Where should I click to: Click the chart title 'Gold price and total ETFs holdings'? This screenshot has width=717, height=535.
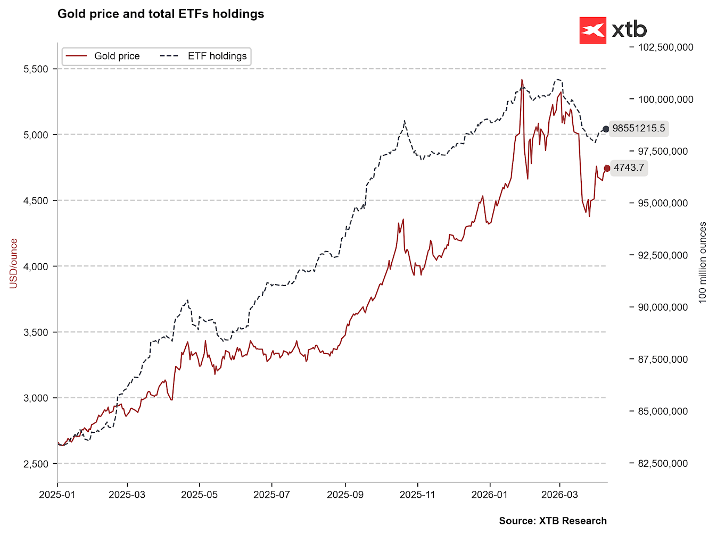click(161, 14)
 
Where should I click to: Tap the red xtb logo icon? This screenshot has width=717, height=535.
click(592, 30)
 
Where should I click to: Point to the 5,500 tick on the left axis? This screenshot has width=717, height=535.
click(36, 69)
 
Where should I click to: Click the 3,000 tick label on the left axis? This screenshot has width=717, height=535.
click(36, 398)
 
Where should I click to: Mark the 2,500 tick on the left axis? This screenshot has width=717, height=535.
click(36, 464)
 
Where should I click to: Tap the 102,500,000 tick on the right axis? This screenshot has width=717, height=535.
click(665, 47)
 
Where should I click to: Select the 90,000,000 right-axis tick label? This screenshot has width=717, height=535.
click(663, 307)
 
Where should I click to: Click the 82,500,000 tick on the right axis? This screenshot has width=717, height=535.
click(663, 464)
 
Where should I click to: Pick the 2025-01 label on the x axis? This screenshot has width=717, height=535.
click(57, 495)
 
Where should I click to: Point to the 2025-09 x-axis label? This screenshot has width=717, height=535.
click(345, 495)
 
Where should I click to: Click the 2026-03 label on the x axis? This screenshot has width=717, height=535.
click(559, 495)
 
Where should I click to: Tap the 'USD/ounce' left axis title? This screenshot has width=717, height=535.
click(14, 264)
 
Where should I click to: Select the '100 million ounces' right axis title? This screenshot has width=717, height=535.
click(703, 263)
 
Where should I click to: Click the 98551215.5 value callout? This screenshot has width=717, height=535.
click(638, 128)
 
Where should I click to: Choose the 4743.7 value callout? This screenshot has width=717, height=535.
click(629, 168)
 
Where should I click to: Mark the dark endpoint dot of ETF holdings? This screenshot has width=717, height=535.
click(606, 129)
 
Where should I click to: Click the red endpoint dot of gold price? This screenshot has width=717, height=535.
click(607, 168)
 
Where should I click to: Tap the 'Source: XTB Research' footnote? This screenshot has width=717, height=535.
click(553, 521)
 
